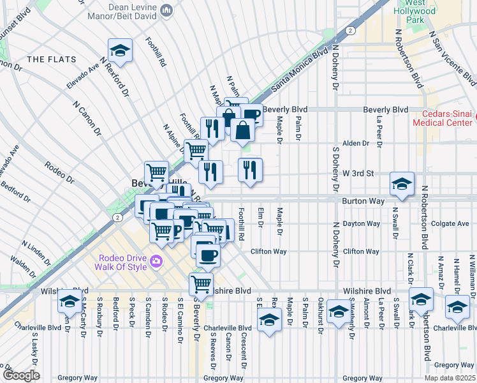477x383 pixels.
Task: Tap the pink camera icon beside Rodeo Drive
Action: pyautogui.click(x=156, y=261)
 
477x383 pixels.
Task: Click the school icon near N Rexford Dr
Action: pyautogui.click(x=119, y=50)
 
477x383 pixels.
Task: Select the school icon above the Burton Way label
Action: pyautogui.click(x=402, y=184)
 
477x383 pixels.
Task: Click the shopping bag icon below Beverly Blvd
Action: pyautogui.click(x=243, y=130)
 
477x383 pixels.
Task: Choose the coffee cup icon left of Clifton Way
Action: pyautogui.click(x=207, y=256)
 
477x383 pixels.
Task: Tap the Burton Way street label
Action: pyautogui.click(x=363, y=200)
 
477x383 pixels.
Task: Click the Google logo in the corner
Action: pyautogui.click(x=20, y=375)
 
